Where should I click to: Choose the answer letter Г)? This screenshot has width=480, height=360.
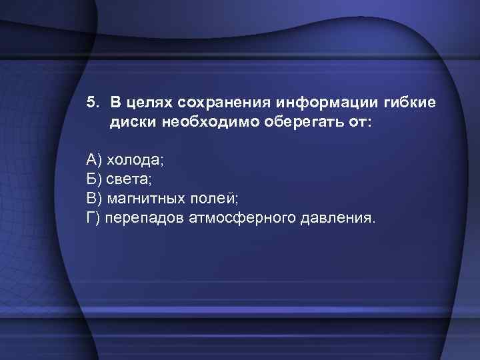pos(94,217)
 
